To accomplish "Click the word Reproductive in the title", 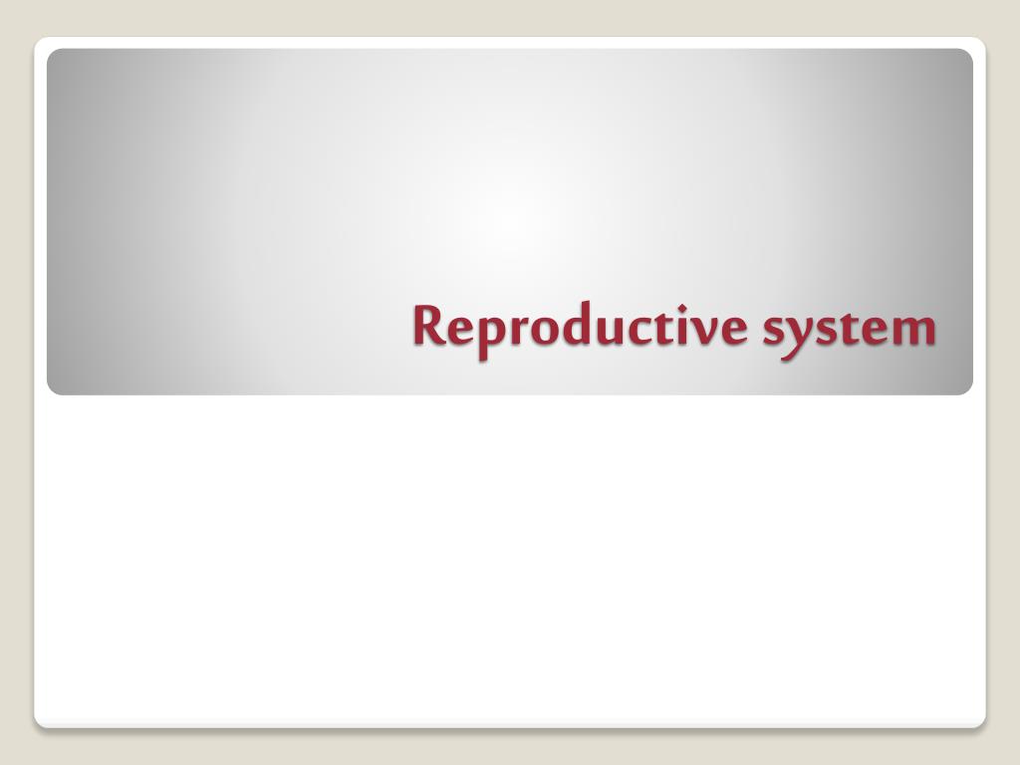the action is click(581, 329).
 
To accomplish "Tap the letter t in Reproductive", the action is click(666, 327).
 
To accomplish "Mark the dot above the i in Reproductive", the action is click(682, 307).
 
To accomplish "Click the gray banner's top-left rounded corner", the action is click(52, 54).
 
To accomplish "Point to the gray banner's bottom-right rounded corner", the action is click(968, 390).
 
